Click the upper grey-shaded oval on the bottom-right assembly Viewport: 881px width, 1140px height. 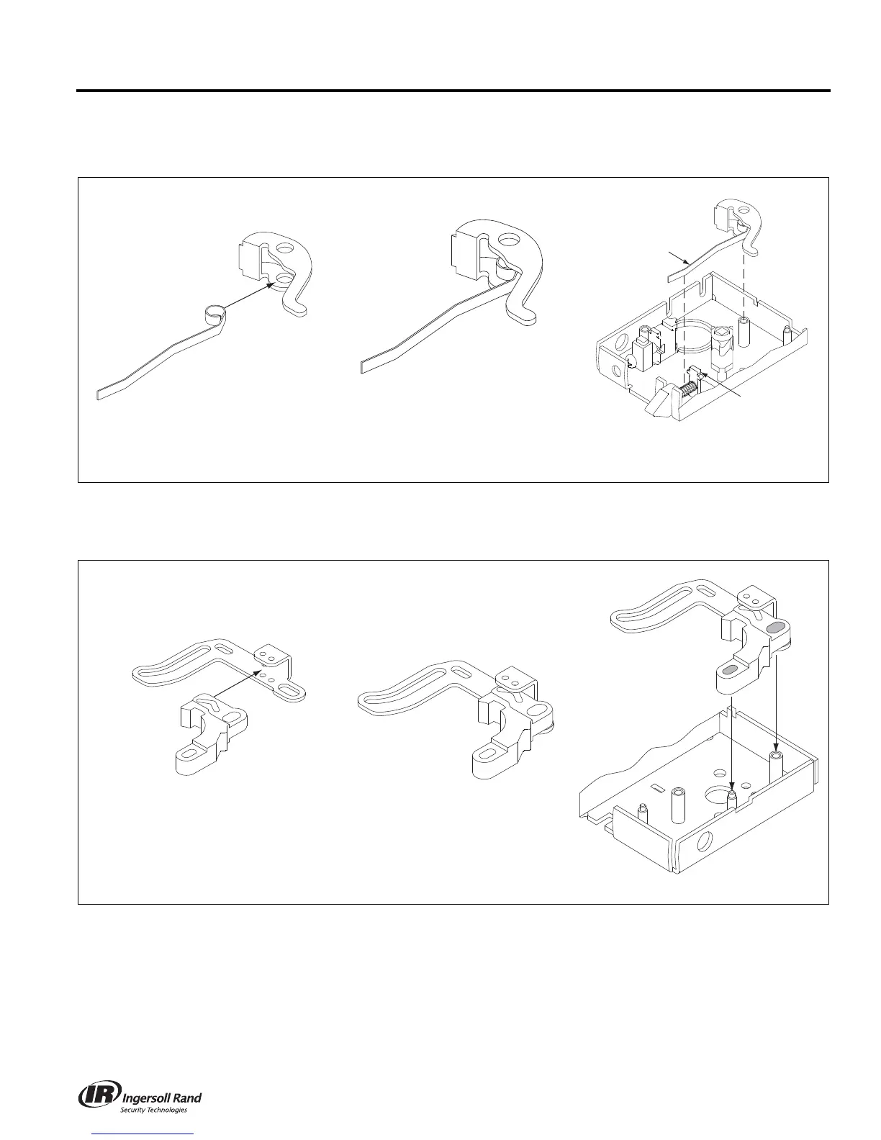click(775, 628)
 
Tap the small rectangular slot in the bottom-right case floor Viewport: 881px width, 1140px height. click(656, 788)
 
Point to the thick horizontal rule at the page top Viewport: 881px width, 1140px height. click(453, 91)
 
